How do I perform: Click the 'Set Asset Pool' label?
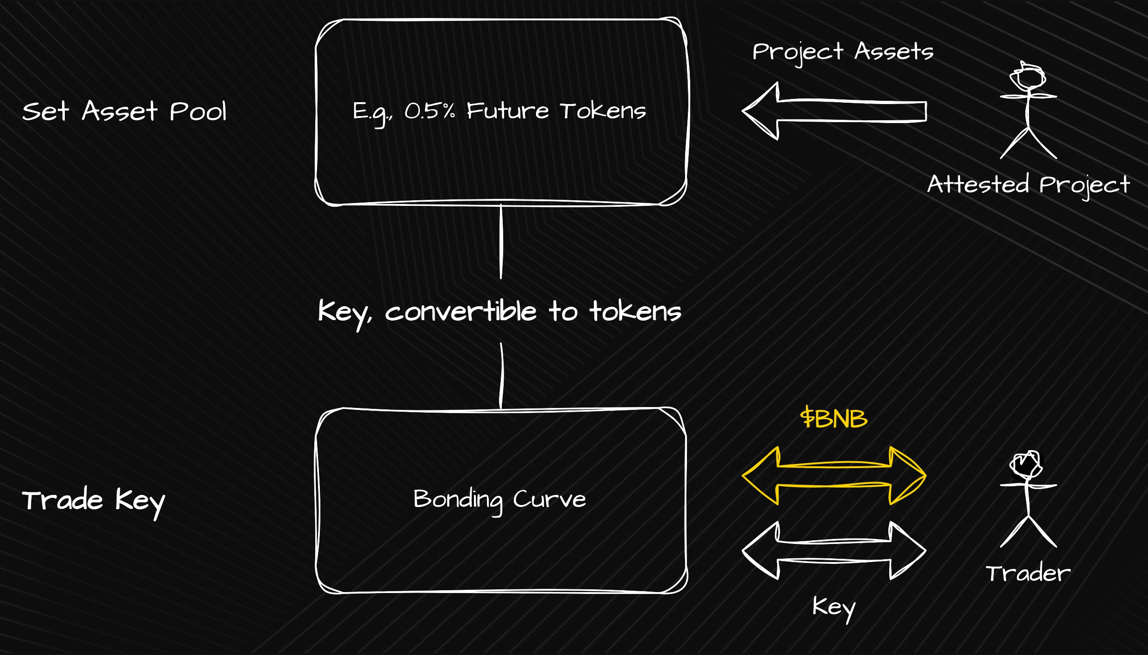pyautogui.click(x=124, y=111)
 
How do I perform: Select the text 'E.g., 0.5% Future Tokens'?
pyautogui.click(x=499, y=111)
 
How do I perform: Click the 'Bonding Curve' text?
pyautogui.click(x=499, y=500)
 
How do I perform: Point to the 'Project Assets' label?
pyautogui.click(x=842, y=52)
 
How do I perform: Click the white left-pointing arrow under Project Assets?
pyautogui.click(x=833, y=111)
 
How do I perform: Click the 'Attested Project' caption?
pyautogui.click(x=1029, y=185)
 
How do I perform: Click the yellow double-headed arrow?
pyautogui.click(x=834, y=476)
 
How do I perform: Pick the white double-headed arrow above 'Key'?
pyautogui.click(x=834, y=551)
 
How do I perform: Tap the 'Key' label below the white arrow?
pyautogui.click(x=834, y=607)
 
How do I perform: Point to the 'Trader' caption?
pyautogui.click(x=1028, y=574)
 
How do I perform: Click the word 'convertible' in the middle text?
pyautogui.click(x=461, y=311)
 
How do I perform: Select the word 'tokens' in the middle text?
pyautogui.click(x=635, y=311)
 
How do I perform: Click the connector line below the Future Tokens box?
pyautogui.click(x=501, y=241)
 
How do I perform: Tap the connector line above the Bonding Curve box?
pyautogui.click(x=501, y=376)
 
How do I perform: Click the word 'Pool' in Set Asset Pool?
pyautogui.click(x=198, y=111)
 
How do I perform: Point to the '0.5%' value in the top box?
pyautogui.click(x=430, y=111)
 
